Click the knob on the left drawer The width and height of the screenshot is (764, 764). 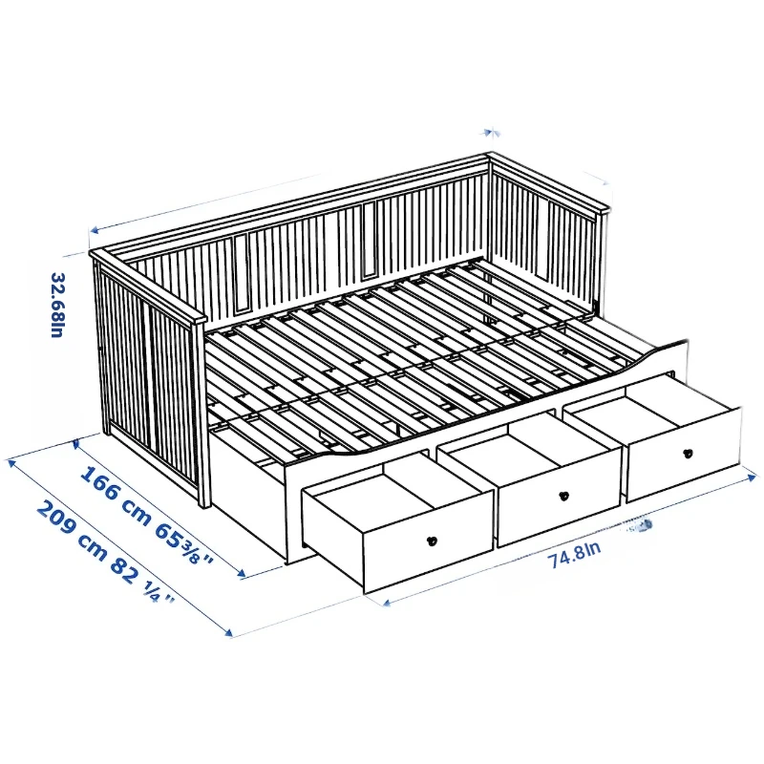point(432,541)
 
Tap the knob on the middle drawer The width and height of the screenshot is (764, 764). point(563,496)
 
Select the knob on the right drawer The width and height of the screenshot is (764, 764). point(688,454)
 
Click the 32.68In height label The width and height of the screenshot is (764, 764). point(58,305)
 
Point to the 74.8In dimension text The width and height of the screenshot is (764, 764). point(575,554)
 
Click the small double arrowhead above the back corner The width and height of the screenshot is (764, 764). point(491,133)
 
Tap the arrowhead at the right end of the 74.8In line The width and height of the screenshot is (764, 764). point(753,478)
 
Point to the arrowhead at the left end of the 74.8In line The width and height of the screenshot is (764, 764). point(388,603)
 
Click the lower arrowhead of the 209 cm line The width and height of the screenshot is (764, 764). point(228,632)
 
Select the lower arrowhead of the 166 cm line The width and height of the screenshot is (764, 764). point(242,573)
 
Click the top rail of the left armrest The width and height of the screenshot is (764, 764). point(148,286)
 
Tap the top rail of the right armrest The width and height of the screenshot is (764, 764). point(548,182)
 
